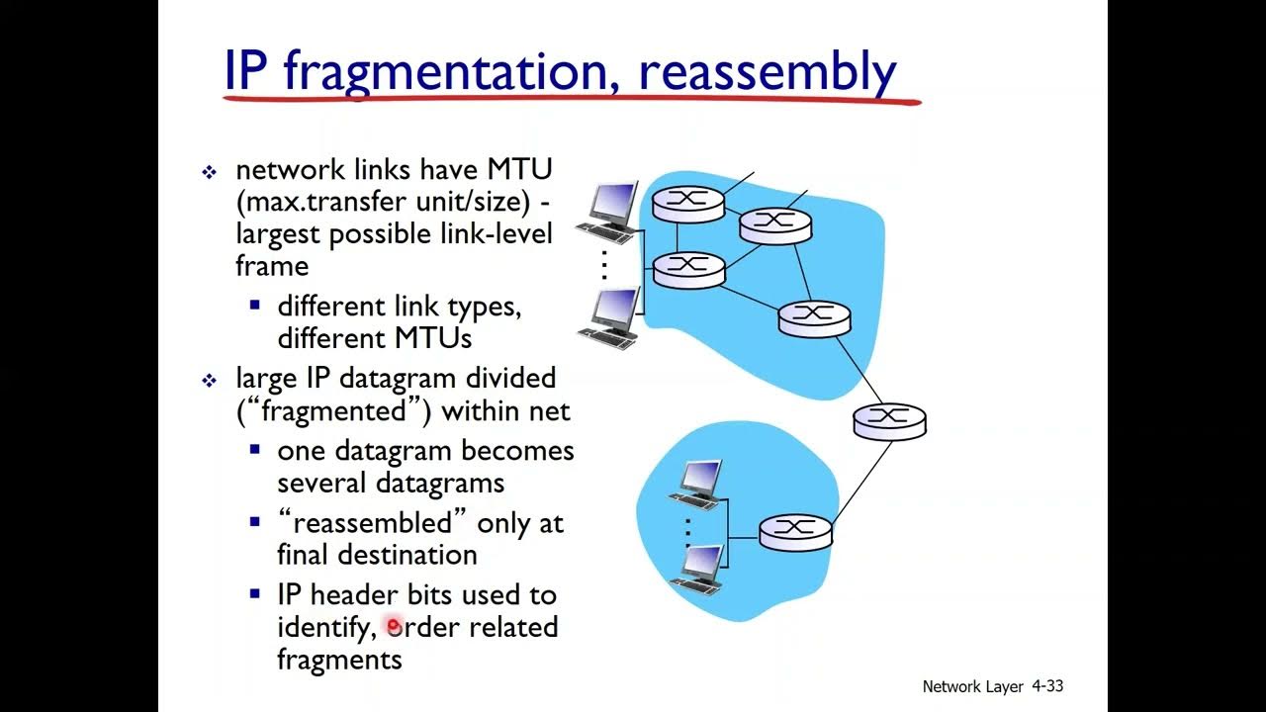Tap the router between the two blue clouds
(890, 419)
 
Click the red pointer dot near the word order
(394, 626)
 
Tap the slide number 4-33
(1046, 685)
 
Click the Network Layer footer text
(972, 686)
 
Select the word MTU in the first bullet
(518, 170)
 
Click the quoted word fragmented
(333, 410)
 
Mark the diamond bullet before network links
(210, 173)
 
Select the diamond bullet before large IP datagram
(210, 381)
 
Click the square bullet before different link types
(255, 307)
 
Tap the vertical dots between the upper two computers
(604, 265)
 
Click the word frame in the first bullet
(272, 266)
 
